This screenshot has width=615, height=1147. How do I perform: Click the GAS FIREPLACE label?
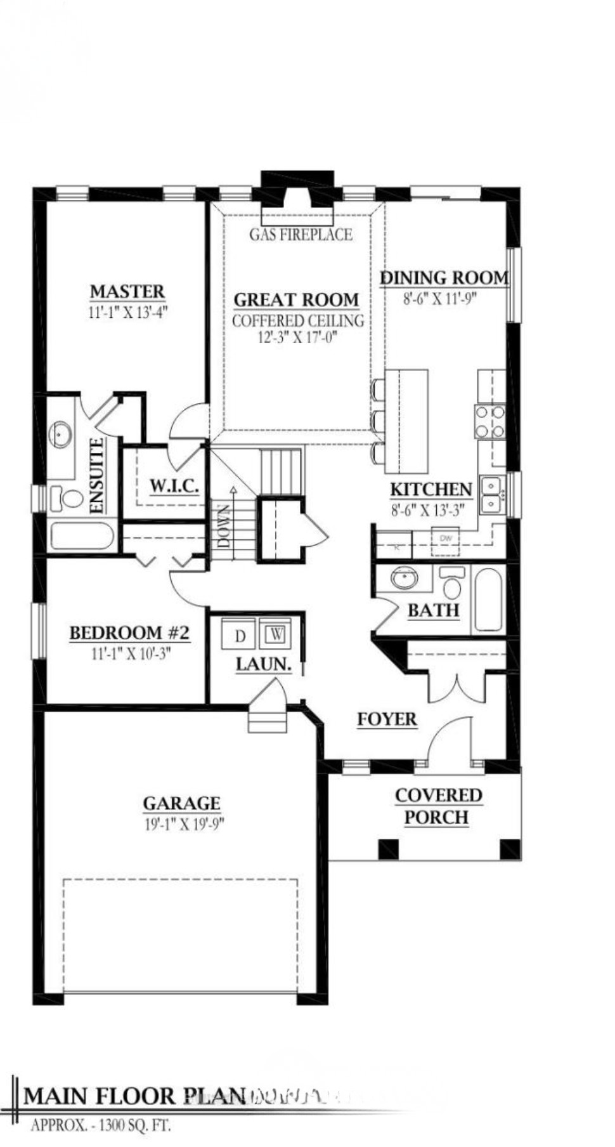point(301,235)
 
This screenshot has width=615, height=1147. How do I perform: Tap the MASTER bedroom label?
point(127,291)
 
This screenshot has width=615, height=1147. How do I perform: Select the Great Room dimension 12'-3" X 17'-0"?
point(297,337)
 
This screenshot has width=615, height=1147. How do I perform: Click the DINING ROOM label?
point(444,277)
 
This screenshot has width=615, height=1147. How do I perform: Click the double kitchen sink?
point(491,495)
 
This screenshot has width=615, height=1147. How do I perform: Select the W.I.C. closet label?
point(174,486)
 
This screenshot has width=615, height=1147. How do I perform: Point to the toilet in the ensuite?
point(67,498)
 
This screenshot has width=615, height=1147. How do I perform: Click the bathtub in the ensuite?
point(82,536)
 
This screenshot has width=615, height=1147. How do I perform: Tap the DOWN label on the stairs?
point(224,526)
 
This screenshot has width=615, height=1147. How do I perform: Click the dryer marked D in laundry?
point(239,635)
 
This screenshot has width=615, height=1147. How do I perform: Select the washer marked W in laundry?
point(277,634)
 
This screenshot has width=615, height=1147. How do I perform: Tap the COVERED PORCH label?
point(437,806)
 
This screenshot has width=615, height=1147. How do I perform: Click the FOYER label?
point(387,719)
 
